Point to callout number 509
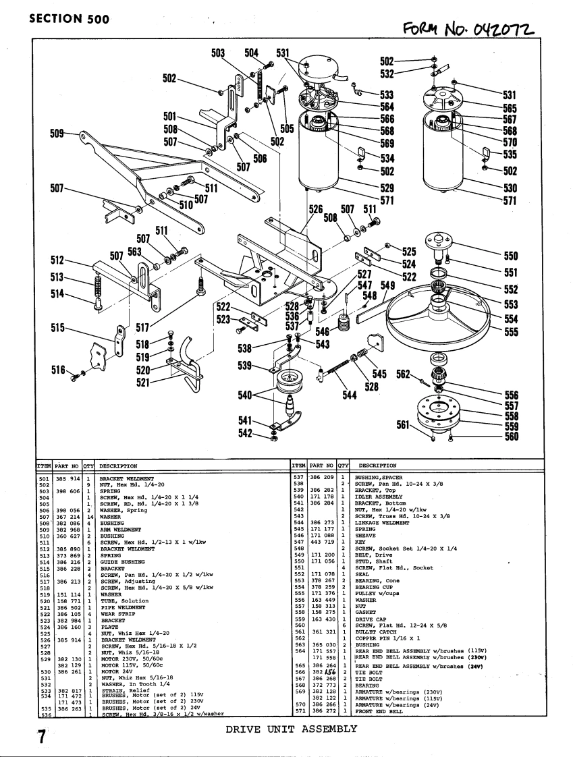tap(58, 134)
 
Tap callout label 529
tap(387, 188)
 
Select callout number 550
tap(511, 256)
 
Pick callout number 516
tap(58, 370)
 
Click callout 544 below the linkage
tap(349, 395)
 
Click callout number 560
tap(511, 437)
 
